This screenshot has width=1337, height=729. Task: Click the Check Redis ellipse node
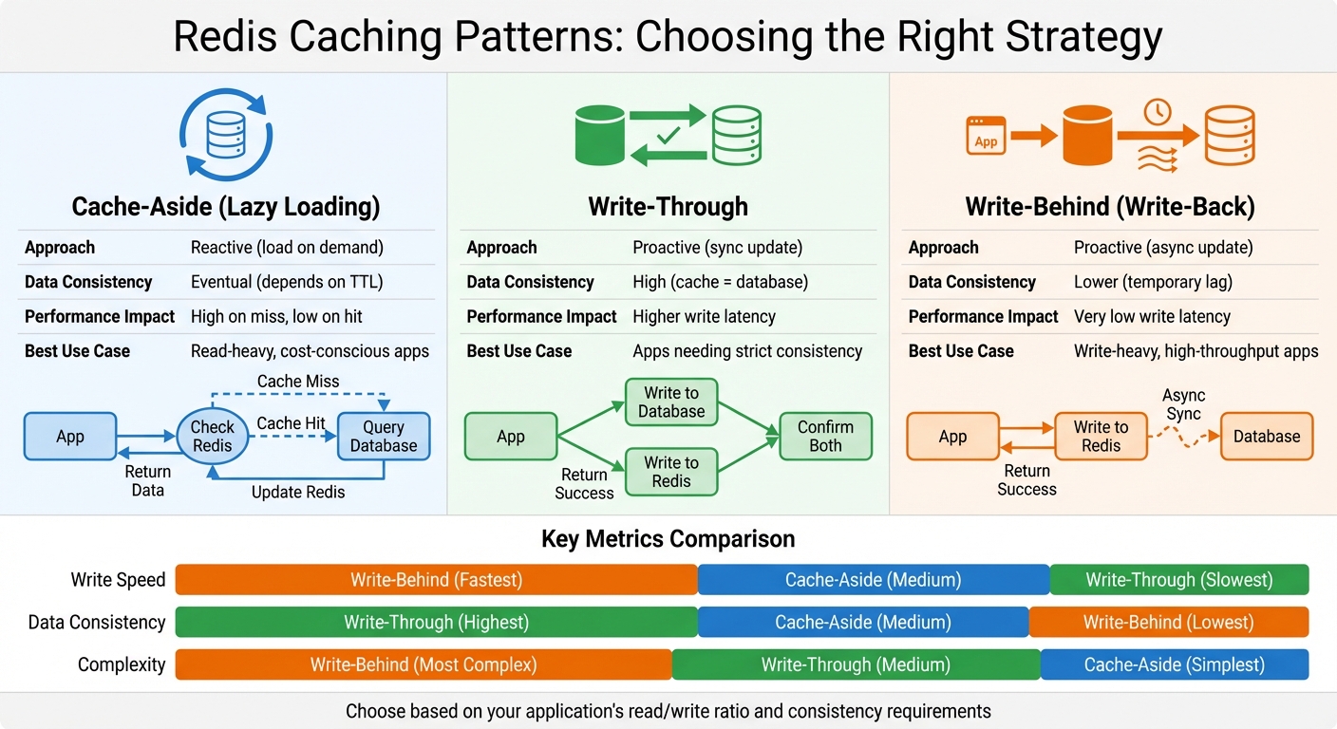(212, 437)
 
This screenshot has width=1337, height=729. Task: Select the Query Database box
(383, 437)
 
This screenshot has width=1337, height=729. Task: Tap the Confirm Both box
(825, 437)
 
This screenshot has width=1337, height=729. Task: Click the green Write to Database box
(670, 402)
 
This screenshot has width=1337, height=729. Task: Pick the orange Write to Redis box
(1101, 437)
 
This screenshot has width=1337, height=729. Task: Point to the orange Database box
(1266, 437)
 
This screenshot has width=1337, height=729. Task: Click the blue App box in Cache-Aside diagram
(70, 437)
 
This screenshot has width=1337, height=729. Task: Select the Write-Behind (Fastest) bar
(436, 580)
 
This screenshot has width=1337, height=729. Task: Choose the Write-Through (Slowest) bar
(1178, 580)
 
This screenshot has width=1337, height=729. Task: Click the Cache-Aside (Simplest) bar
(1174, 664)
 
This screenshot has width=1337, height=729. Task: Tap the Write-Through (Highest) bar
(436, 623)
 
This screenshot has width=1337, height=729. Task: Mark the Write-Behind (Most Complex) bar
(424, 664)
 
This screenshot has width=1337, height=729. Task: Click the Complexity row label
(121, 664)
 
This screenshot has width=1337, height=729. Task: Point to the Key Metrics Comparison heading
(668, 539)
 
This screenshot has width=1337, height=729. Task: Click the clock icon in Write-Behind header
(1157, 112)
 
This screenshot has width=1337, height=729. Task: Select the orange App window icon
(987, 136)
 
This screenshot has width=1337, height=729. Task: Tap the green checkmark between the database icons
(668, 136)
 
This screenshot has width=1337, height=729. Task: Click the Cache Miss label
(298, 382)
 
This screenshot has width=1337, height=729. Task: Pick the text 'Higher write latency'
(704, 316)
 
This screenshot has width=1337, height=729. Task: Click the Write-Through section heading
(668, 206)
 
